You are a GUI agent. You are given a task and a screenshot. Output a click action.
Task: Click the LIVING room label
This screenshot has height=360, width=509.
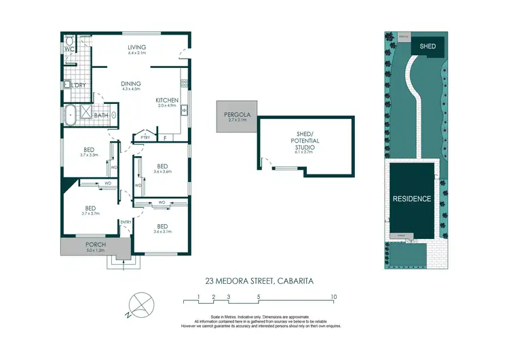pos(138,47)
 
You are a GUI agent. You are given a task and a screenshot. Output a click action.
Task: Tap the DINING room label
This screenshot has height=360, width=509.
pos(130,85)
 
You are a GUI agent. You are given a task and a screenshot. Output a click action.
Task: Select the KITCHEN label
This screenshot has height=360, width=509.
pos(167,100)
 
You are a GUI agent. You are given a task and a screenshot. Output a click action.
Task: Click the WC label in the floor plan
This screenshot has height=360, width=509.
pos(69,49)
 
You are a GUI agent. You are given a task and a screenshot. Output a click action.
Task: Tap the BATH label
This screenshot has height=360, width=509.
pos(101,115)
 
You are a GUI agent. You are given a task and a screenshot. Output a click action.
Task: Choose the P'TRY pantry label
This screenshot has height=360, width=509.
pos(145,138)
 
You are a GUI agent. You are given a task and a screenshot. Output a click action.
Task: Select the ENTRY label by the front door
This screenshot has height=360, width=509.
pos(126,222)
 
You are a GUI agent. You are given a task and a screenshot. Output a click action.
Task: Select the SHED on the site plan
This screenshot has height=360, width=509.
pos(428,46)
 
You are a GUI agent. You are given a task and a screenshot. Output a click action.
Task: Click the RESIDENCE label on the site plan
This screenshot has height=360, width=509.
pos(412,199)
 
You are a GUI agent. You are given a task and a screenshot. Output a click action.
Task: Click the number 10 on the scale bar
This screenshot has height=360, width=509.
pos(334,298)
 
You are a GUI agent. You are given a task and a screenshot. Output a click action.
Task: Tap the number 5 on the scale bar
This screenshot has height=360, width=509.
pos(259,298)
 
